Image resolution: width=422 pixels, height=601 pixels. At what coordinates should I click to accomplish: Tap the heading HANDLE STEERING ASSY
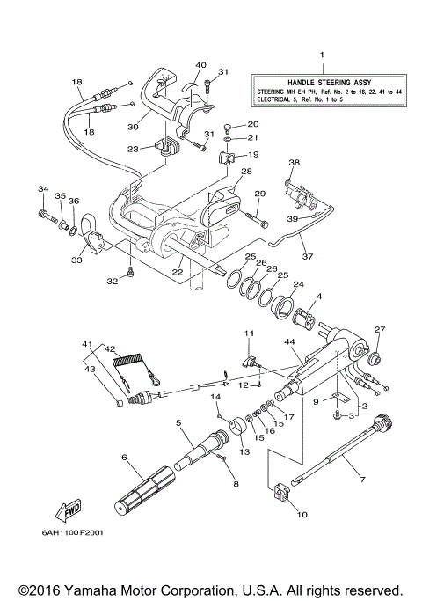pos(322,79)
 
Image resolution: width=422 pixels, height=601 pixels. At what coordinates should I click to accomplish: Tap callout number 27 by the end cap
pos(380,330)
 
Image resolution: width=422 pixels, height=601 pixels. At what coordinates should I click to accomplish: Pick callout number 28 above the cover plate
pos(247,172)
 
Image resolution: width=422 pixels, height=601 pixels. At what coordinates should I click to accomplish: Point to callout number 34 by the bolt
pos(41,188)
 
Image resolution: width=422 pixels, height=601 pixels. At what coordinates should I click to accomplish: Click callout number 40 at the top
pos(200,64)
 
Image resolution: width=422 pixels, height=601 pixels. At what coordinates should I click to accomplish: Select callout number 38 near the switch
pos(294,162)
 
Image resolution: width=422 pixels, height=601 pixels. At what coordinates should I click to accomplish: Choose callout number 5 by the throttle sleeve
pos(178,422)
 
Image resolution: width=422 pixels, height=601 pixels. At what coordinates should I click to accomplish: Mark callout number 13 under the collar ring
pos(244,451)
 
